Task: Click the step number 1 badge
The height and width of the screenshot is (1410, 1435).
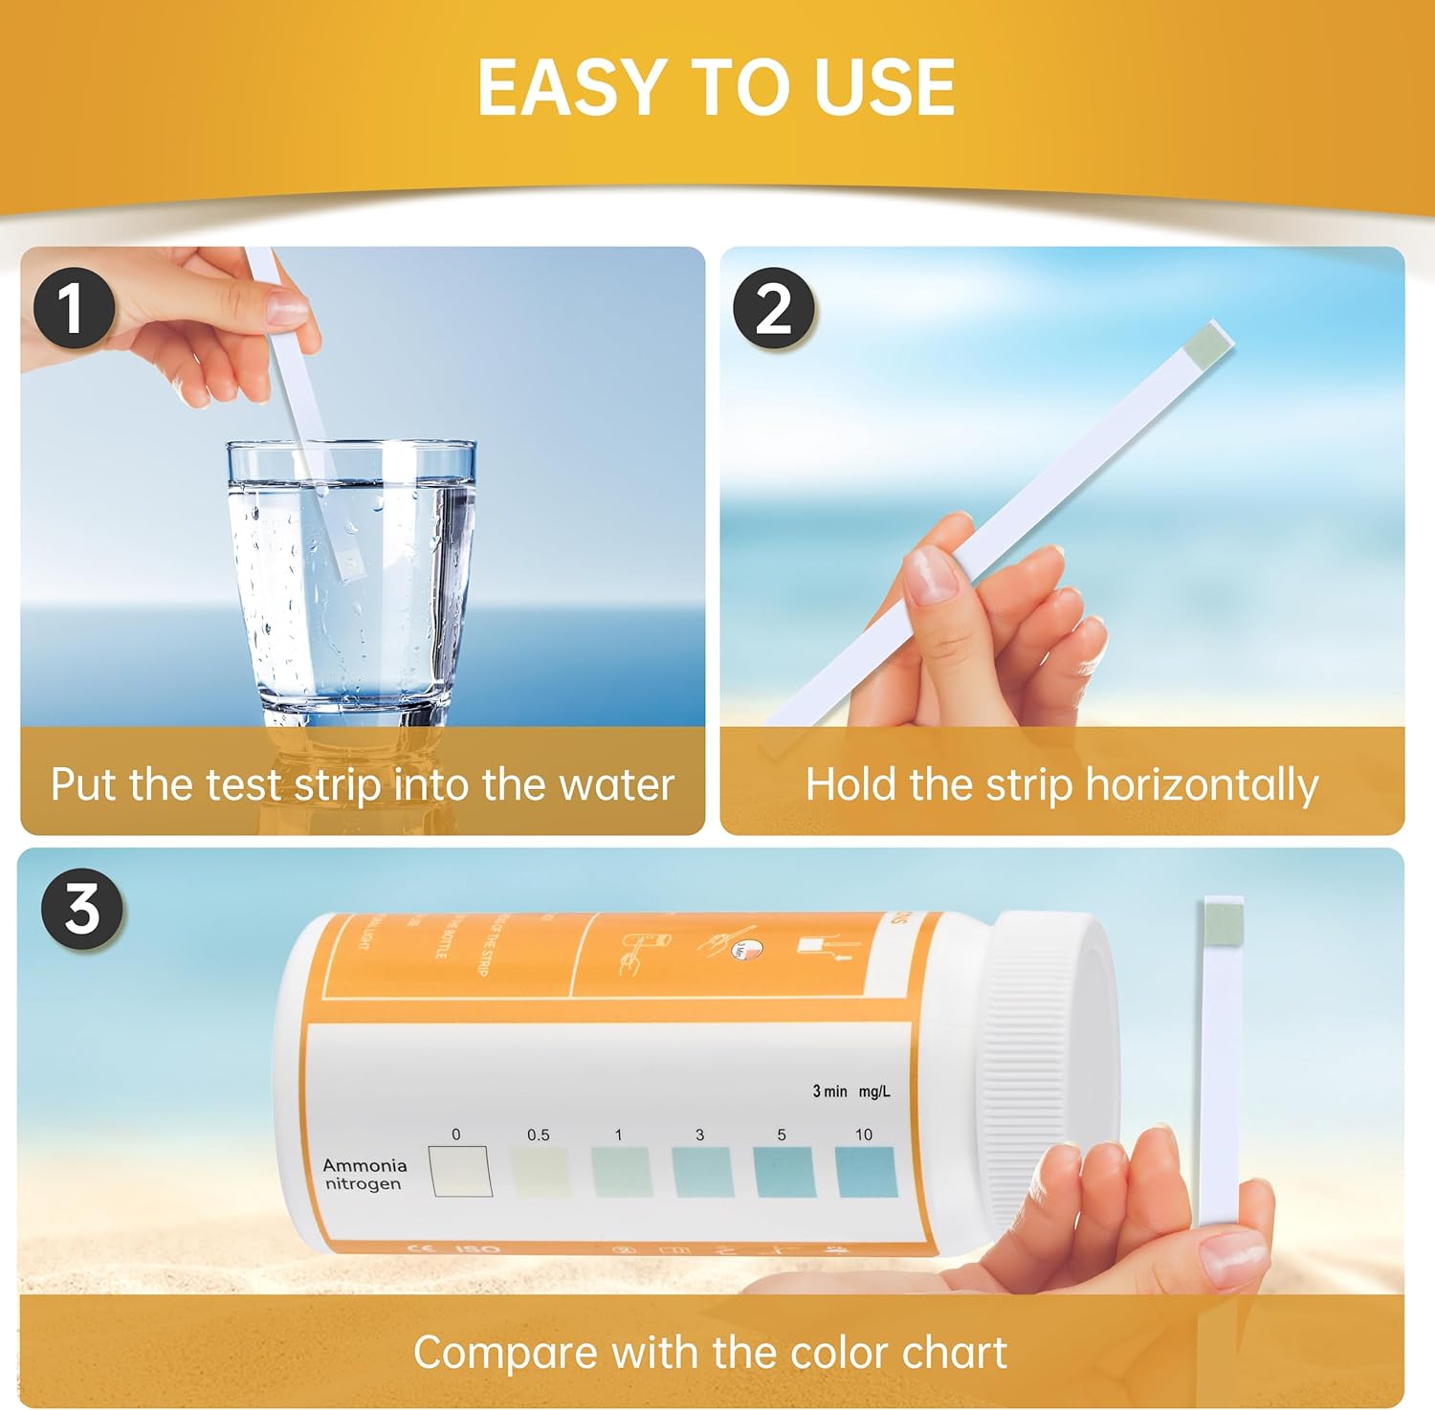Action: (74, 308)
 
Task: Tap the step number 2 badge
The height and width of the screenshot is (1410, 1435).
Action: (773, 308)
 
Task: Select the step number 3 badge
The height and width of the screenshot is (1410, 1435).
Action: (82, 908)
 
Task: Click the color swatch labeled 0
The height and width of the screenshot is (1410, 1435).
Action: (460, 1172)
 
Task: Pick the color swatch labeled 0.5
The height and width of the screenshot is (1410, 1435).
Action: (540, 1172)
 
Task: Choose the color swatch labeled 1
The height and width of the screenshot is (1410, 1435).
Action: (622, 1172)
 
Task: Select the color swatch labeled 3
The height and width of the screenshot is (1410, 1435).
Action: (703, 1172)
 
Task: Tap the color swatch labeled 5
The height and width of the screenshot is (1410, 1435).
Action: (784, 1172)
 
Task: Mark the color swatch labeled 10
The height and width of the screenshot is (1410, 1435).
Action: (867, 1172)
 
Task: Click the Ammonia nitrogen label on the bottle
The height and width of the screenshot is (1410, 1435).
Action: (364, 1175)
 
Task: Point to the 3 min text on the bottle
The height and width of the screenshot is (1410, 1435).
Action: (829, 1091)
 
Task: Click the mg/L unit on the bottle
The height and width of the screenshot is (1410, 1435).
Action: (874, 1091)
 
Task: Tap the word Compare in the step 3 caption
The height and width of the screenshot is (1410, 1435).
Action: (505, 1354)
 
